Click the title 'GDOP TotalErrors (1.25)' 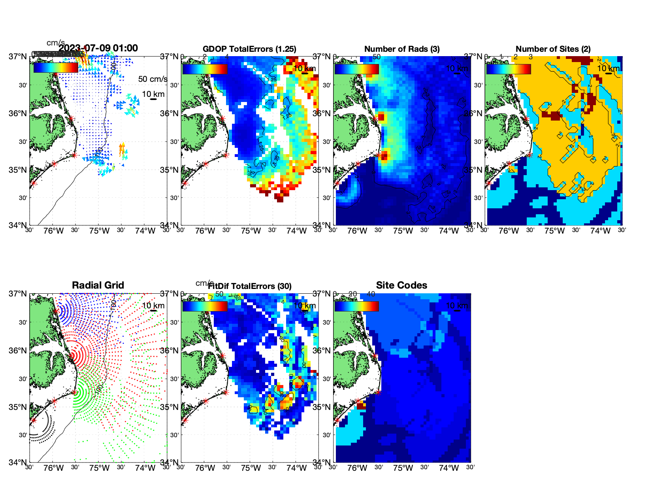pyautogui.click(x=249, y=49)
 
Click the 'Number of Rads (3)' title pyautogui.click(x=402, y=49)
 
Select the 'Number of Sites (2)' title pyautogui.click(x=553, y=49)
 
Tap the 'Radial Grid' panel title pyautogui.click(x=98, y=285)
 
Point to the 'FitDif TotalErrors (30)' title pyautogui.click(x=250, y=286)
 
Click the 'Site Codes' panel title pyautogui.click(x=401, y=285)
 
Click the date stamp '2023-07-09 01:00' pyautogui.click(x=98, y=48)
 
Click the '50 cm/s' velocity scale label pyautogui.click(x=153, y=79)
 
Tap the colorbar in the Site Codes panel pyautogui.click(x=356, y=306)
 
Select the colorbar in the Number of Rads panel pyautogui.click(x=356, y=69)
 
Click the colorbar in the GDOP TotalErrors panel pyautogui.click(x=205, y=69)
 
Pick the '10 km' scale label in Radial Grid pyautogui.click(x=153, y=306)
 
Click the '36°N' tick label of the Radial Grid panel pyautogui.click(x=18, y=351)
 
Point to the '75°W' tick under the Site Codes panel pyautogui.click(x=403, y=468)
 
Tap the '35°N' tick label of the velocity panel pyautogui.click(x=18, y=170)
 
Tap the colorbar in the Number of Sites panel pyautogui.click(x=509, y=69)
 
